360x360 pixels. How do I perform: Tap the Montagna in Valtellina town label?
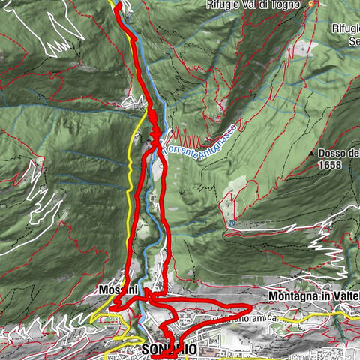click(313, 298)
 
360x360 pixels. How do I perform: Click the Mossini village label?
click(114, 289)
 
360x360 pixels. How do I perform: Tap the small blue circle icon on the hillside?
click(233, 223)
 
